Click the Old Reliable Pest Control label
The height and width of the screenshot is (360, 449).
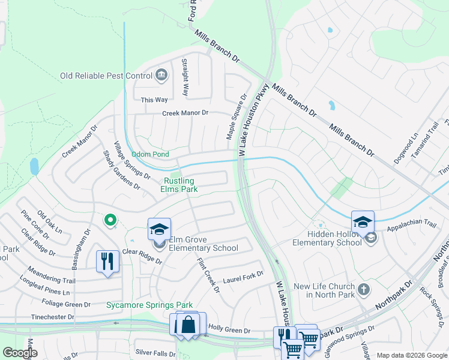tap(106, 76)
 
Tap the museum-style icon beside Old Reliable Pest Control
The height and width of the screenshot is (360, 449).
tap(161, 75)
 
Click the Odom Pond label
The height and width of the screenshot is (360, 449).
tap(150, 154)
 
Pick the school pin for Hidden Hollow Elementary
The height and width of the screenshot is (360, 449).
tap(363, 222)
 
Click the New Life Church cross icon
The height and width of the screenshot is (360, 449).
tap(363, 290)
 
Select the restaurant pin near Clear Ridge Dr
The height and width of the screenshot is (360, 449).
tap(107, 262)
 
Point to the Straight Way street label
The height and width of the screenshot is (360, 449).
tap(185, 78)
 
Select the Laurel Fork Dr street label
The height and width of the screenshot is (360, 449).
tap(243, 277)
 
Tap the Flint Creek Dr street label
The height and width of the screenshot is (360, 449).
tap(208, 275)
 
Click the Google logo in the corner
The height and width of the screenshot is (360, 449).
tap(20, 353)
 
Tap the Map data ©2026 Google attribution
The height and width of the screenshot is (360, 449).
tap(411, 355)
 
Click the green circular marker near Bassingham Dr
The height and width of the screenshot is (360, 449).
tap(110, 221)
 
